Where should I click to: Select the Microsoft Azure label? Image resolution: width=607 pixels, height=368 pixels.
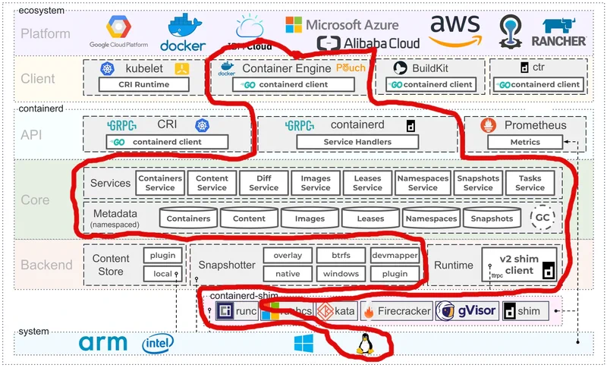click(x=342, y=25)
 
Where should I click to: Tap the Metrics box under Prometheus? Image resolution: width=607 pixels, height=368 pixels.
click(x=524, y=141)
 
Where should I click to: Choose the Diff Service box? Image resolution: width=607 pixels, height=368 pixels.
click(x=263, y=183)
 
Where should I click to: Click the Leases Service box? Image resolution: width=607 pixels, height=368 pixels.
click(x=367, y=183)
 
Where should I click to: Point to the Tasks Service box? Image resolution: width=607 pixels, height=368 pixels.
click(x=530, y=183)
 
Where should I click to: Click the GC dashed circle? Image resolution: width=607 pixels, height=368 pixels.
click(x=542, y=217)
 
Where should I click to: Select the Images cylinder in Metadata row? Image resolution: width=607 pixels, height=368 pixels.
click(x=309, y=219)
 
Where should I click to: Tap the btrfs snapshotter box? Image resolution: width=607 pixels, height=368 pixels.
click(x=339, y=256)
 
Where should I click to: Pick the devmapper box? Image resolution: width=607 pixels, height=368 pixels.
click(x=395, y=256)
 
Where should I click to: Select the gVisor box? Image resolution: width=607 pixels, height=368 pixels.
click(x=467, y=310)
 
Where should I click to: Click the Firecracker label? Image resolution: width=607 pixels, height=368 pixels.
click(x=398, y=310)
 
